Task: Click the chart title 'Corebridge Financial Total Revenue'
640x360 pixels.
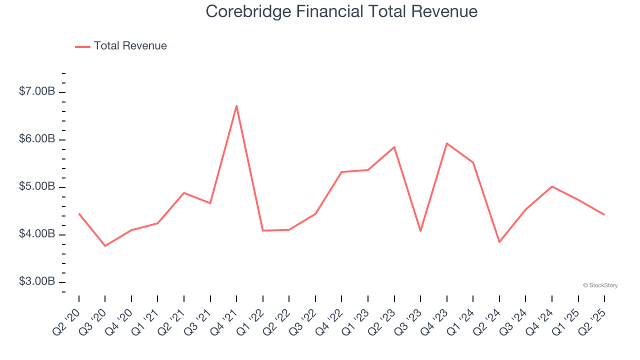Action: pos(341,11)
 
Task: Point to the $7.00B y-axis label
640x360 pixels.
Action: pos(37,91)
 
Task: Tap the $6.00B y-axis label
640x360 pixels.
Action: pos(37,139)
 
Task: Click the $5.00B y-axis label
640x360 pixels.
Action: pos(37,186)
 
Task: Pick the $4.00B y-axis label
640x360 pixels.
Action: pos(37,234)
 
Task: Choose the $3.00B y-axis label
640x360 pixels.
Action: pos(37,281)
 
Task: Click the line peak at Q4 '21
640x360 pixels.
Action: pos(236,105)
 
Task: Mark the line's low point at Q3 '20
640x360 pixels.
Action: pos(105,246)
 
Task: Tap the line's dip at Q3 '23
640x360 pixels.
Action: pos(420,231)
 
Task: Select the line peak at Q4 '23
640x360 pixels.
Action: pos(446,143)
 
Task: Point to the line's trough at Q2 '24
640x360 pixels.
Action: pos(499,242)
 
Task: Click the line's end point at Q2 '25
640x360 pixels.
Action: pos(604,214)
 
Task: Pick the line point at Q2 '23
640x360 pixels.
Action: pos(394,147)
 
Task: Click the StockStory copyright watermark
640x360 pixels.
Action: pos(600,285)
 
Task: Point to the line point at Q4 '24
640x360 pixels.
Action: pos(551,186)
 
